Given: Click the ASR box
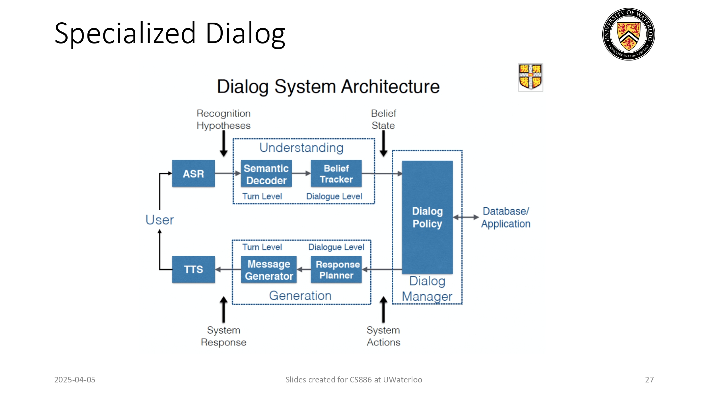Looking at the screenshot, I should coord(193,173).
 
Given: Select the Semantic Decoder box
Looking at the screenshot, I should coord(266,174).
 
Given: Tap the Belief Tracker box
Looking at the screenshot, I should coord(336,173).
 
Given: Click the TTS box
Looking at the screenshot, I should coord(193,269).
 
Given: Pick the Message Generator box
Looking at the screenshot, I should coord(269,270).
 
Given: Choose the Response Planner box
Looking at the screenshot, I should coord(336,270).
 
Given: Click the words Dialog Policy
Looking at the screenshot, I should coord(427,217).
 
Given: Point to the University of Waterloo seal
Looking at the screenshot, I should coord(628,34).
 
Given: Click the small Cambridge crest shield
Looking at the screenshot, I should coord(530,77).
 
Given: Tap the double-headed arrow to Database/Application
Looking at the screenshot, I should coord(466,217).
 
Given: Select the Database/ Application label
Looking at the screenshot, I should coord(506,217).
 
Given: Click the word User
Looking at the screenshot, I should coord(160,220).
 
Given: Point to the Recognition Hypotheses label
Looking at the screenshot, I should coord(223,119).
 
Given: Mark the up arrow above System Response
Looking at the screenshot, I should coord(223,309).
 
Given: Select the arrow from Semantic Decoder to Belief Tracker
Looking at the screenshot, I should coord(301,173).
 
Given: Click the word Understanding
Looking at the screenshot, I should coord(301,148).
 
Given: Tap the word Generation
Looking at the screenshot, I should coord(300,295).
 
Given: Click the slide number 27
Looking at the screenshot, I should coord(649,380).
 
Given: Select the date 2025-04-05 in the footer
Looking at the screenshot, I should coord(75,380).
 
